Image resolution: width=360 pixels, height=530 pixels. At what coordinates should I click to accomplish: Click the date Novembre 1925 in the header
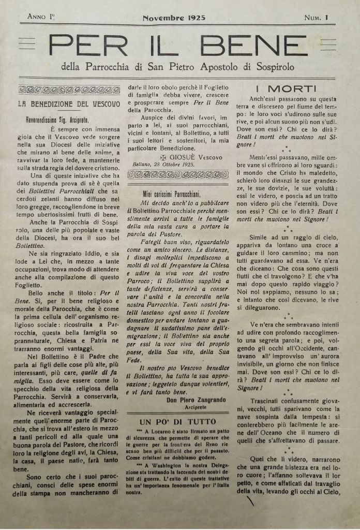pyautogui.click(x=174, y=17)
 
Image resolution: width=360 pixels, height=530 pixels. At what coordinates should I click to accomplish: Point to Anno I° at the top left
pyautogui.click(x=41, y=17)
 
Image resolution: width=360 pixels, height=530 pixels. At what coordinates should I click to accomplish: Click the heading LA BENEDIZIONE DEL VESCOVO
pyautogui.click(x=69, y=104)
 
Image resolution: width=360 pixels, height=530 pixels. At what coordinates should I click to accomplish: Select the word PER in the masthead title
pyautogui.click(x=89, y=46)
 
